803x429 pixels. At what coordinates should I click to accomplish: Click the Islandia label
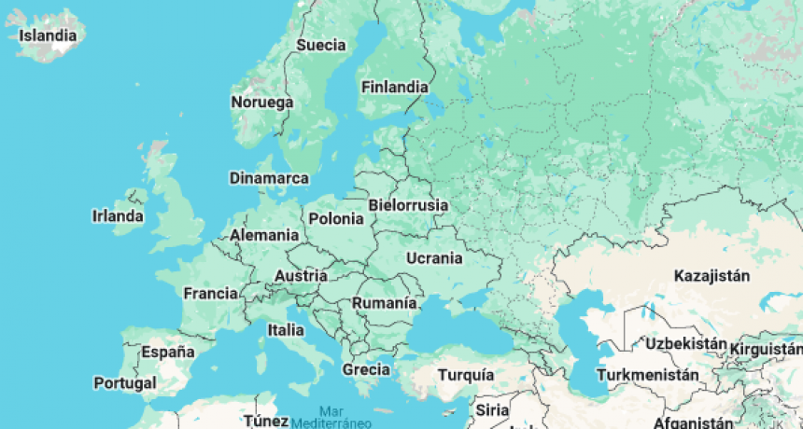tap(48, 36)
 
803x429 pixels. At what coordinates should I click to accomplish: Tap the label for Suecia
tap(321, 45)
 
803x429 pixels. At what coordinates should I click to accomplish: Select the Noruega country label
tap(262, 102)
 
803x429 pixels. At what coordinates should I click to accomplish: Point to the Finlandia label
tap(394, 87)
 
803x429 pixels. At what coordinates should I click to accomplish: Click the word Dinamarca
tap(269, 177)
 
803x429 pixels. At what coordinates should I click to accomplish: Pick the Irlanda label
tap(118, 216)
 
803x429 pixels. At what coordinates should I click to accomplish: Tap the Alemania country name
tap(264, 235)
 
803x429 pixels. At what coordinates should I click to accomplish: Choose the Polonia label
tap(336, 219)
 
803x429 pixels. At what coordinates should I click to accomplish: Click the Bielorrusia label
tap(408, 205)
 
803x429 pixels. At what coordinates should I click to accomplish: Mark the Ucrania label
tap(434, 258)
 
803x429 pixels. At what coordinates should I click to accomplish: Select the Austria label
tap(301, 276)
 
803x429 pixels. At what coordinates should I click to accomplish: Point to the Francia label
tap(210, 294)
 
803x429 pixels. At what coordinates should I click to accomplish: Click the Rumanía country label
tap(384, 303)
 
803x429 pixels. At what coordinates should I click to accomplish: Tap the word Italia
tap(286, 329)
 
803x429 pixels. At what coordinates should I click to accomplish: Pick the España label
tap(168, 352)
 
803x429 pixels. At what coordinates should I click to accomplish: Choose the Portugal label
tap(125, 382)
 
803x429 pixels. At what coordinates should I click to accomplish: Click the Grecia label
tap(365, 369)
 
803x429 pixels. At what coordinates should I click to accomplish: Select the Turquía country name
tap(466, 374)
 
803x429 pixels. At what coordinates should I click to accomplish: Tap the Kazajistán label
tap(712, 275)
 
